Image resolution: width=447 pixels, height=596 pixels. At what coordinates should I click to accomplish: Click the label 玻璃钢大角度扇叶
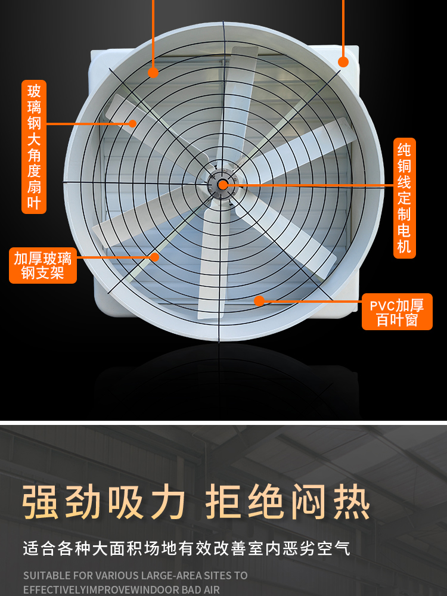(34, 147)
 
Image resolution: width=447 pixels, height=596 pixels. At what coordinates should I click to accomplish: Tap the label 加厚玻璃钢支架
(43, 265)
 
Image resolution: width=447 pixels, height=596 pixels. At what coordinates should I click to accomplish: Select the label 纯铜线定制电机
(405, 198)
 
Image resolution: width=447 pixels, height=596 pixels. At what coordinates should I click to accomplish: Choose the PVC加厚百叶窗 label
(397, 312)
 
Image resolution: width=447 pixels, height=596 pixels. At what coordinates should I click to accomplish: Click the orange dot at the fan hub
(223, 185)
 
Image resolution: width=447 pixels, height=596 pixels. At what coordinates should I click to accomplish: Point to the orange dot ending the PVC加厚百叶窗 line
(259, 301)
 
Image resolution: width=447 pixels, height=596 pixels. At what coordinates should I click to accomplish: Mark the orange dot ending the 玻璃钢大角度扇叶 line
(132, 123)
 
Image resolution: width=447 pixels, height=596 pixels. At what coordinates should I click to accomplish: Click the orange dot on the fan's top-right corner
(343, 62)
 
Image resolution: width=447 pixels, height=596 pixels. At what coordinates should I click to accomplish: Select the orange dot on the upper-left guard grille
(153, 73)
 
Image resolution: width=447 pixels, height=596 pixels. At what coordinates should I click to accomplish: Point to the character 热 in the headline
(352, 502)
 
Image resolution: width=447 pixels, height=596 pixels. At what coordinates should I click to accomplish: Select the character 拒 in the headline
(223, 502)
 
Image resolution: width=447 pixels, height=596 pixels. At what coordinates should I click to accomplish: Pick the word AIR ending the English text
(212, 590)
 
